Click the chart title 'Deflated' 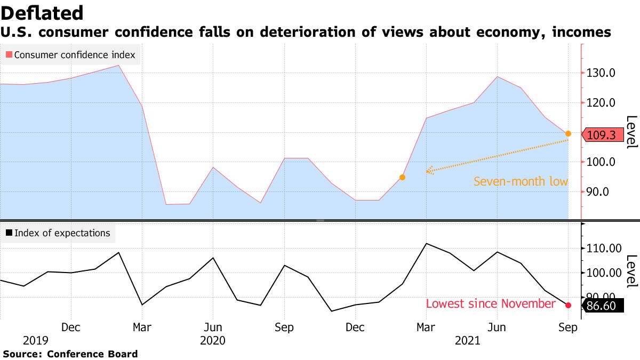click(x=42, y=13)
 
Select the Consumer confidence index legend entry click(x=70, y=54)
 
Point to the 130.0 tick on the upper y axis click(x=601, y=73)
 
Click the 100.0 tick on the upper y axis click(x=601, y=162)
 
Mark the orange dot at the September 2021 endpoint click(x=569, y=133)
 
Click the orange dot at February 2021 click(x=403, y=177)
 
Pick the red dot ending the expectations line click(x=569, y=305)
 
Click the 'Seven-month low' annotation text click(x=521, y=182)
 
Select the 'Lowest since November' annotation click(x=491, y=304)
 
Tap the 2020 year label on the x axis click(x=213, y=340)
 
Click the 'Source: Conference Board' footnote click(x=70, y=354)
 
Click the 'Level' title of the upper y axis click(x=631, y=132)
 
